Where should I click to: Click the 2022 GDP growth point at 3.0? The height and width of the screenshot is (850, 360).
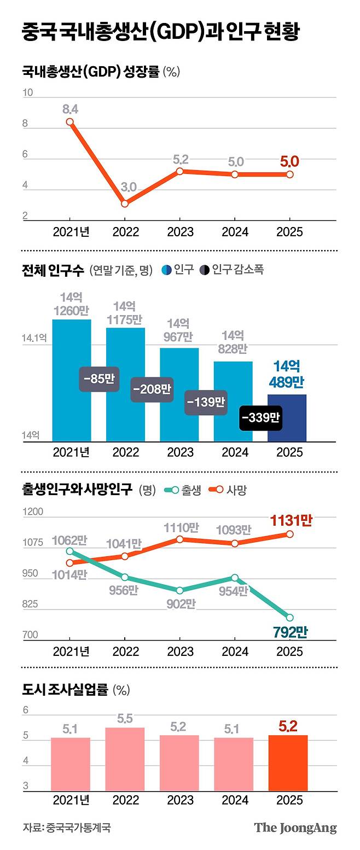[125, 203]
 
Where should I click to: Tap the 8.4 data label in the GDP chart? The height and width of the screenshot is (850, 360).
[70, 109]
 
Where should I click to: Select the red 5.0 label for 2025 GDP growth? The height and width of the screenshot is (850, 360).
[289, 161]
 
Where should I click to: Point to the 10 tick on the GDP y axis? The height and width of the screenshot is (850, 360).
[27, 93]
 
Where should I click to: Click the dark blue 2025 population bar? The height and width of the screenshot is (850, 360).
[287, 418]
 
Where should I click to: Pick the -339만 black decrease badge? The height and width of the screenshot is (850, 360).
[260, 418]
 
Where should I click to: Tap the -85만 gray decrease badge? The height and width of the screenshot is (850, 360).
[99, 379]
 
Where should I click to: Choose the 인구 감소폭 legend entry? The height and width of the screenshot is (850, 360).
[231, 270]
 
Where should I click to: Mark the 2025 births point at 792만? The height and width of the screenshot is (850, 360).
[289, 618]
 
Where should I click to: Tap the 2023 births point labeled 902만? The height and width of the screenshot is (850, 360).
[179, 590]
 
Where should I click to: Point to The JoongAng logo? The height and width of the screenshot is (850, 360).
[295, 828]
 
